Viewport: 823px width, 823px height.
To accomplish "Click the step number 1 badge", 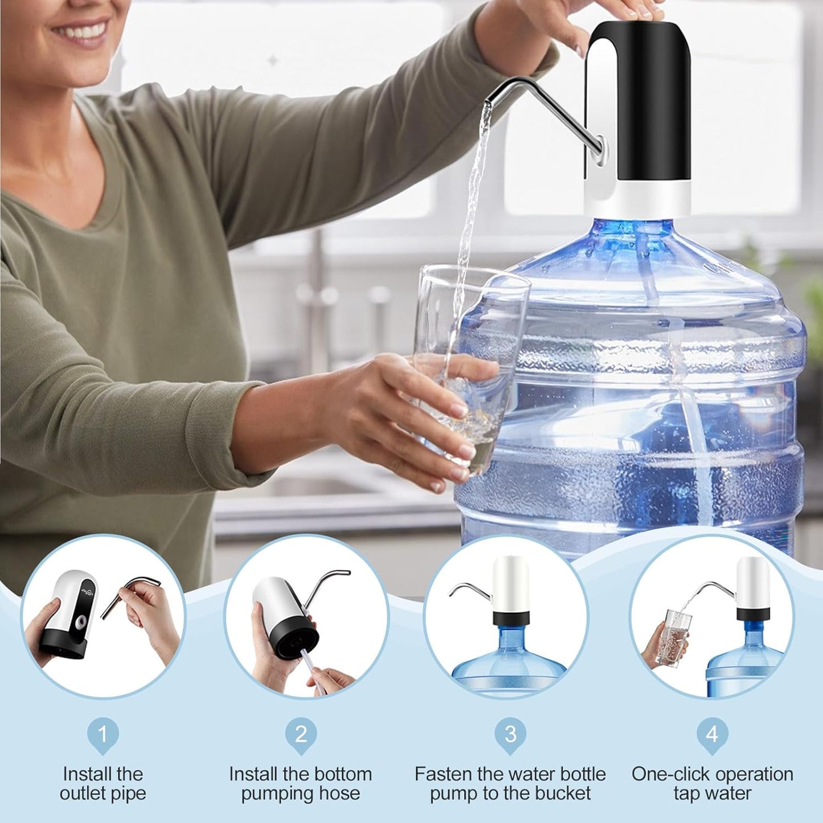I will coord(103,735).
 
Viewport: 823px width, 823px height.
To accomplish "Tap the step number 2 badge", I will coord(301,735).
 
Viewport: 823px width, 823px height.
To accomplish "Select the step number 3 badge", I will coord(510,735).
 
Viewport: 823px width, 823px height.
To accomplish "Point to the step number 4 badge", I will coord(712,735).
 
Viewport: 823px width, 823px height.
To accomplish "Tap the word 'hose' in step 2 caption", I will coord(341,793).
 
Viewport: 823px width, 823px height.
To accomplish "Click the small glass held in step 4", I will coord(676,637).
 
